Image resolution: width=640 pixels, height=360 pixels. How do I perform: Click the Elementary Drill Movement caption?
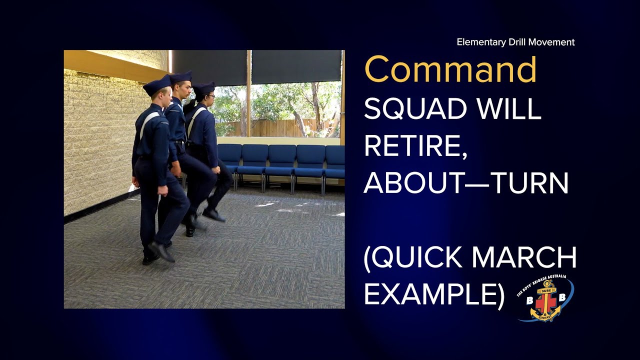515,42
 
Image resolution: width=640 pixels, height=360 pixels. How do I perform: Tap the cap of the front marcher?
157,85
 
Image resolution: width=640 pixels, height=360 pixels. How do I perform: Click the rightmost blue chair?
335,162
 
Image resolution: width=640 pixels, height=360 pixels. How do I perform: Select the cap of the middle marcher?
180,78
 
